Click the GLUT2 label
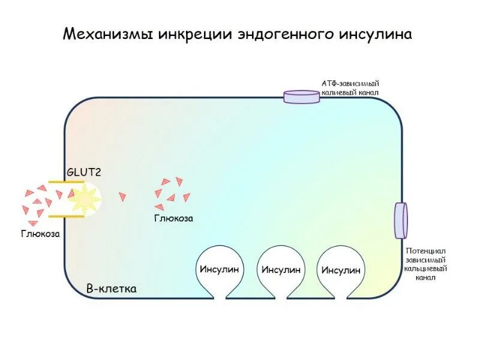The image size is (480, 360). coord(83,172)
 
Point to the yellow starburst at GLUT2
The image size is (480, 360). coord(84,199)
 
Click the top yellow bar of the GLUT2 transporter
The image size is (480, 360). coord(66,181)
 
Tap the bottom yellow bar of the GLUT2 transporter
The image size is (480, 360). coord(66,216)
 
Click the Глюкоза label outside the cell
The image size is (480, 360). coord(41,233)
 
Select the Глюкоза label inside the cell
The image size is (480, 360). coord(173,218)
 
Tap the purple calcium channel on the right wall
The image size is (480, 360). coord(400,220)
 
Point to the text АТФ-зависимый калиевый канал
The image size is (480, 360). coord(351,88)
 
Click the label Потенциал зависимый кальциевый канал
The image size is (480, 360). coord(425,264)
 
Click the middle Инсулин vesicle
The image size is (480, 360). coord(280,269)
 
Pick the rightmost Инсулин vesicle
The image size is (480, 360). coord(341,269)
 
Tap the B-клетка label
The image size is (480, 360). coord(112,289)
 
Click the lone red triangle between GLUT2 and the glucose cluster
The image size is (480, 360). coord(123,196)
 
